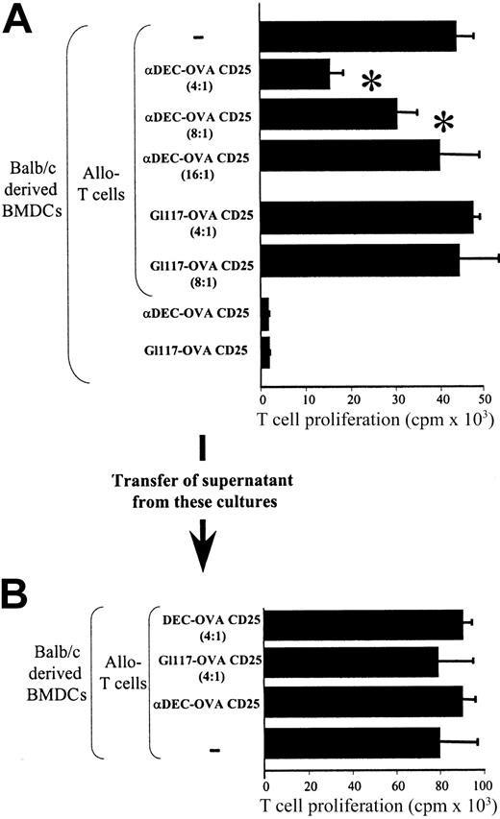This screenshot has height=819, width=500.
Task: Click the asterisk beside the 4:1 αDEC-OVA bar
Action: [x=371, y=82]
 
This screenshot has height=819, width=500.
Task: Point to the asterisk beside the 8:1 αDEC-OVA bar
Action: [x=443, y=123]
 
